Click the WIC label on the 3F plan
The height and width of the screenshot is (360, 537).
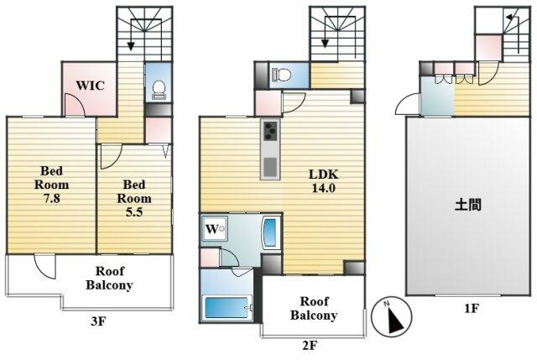[90, 86]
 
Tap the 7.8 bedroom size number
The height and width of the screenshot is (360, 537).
[51, 198]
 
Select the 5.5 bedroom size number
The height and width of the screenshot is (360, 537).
[134, 212]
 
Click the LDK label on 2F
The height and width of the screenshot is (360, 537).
[323, 175]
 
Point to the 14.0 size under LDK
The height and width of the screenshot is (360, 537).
[323, 188]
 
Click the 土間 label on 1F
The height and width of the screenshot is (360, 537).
[468, 205]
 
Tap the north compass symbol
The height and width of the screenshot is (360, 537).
[392, 316]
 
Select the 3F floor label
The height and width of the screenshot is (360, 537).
[98, 321]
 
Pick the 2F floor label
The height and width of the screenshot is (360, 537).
[310, 345]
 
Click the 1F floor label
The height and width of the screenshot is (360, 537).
[471, 309]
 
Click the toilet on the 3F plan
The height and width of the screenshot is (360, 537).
[159, 90]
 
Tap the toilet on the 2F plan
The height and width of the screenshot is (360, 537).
[281, 75]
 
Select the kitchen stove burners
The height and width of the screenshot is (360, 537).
[270, 132]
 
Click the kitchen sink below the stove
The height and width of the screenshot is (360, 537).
[270, 166]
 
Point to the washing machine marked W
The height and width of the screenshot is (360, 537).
[215, 229]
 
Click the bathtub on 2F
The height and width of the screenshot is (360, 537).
[226, 308]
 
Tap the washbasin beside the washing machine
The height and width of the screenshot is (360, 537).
[270, 232]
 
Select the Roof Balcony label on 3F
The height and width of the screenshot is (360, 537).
[109, 278]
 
